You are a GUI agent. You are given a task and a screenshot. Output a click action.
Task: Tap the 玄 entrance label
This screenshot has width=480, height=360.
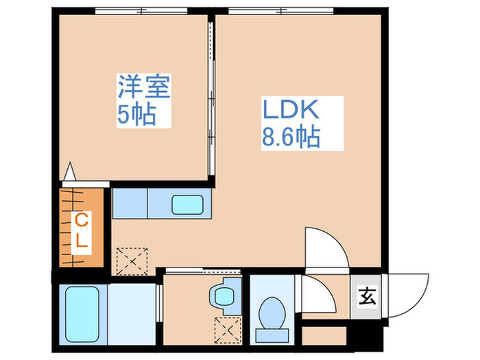tap(367, 297)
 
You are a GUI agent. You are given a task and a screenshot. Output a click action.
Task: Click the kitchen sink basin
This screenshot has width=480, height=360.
tap(189, 204)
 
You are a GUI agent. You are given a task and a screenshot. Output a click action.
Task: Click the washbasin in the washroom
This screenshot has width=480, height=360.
tap(223, 296)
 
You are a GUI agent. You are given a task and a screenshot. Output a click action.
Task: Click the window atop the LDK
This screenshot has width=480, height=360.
tap(282, 10)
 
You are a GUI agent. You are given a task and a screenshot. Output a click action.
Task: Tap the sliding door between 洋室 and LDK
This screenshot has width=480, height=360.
tap(211, 103)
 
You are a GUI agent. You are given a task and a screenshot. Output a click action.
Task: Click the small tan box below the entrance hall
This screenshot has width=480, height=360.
tap(322, 335)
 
